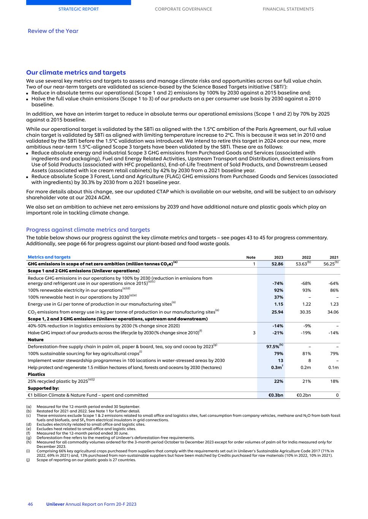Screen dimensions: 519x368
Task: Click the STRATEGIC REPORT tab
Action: (x=78, y=9)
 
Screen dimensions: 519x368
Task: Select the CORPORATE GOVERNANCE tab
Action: (x=183, y=9)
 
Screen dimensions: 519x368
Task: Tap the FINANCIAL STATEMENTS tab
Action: (x=288, y=9)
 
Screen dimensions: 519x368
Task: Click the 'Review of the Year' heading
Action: (x=53, y=31)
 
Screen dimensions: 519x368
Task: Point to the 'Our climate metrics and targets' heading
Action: (x=76, y=73)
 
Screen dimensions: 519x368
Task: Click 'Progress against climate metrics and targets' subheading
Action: (x=88, y=230)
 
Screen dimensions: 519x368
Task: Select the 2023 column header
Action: (x=278, y=257)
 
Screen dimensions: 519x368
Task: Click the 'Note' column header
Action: (x=251, y=257)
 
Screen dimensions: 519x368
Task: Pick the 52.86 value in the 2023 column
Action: (x=277, y=264)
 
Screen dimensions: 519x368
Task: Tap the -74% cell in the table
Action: (x=278, y=283)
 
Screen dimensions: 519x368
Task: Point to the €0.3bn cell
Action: (x=276, y=395)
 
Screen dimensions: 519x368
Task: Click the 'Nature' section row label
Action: (x=36, y=340)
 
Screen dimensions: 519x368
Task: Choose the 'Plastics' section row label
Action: (x=36, y=374)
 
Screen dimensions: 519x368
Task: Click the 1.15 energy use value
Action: (x=279, y=304)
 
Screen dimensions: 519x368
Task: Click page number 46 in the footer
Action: (x=30, y=504)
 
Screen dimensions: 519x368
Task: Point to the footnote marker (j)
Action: (x=29, y=460)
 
